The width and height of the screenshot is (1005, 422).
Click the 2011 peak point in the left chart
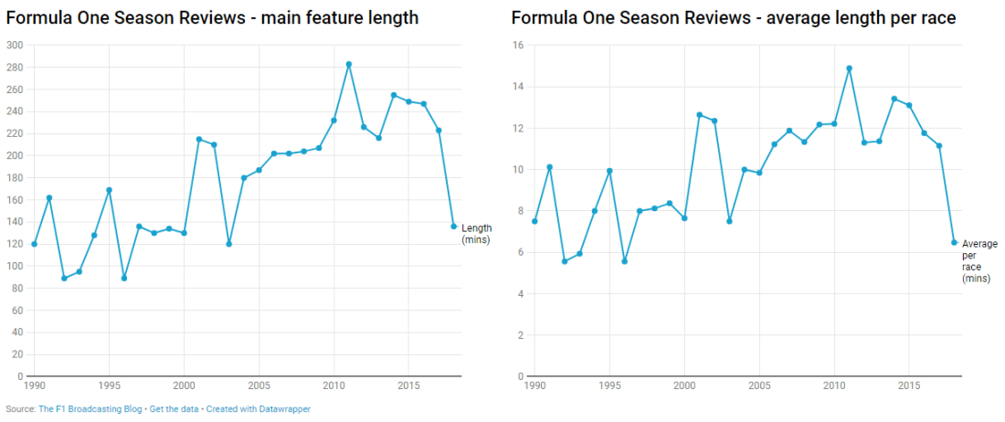point(349,64)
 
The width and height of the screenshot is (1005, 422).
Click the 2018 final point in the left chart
point(454,226)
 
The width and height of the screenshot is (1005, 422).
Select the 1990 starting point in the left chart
point(34,244)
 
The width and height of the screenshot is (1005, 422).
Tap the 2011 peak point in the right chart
point(850,68)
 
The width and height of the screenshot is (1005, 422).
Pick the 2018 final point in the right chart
point(954,242)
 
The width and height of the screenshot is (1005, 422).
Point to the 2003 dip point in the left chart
point(228,244)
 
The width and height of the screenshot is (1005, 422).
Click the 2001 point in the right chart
point(700,115)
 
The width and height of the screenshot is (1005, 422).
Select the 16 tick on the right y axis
point(516,45)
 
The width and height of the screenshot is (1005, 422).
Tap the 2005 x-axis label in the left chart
point(259,386)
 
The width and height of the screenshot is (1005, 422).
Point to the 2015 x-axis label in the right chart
point(909,386)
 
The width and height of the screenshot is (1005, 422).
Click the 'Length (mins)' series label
point(477,234)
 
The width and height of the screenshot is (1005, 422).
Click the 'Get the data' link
point(174,409)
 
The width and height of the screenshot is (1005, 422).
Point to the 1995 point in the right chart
point(609,171)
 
